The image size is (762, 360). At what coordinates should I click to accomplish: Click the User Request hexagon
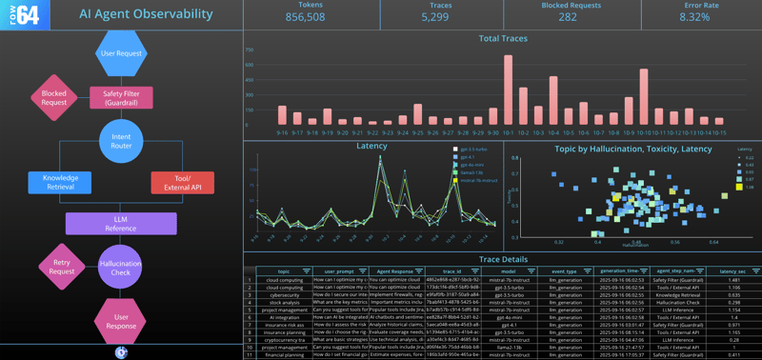click(121, 53)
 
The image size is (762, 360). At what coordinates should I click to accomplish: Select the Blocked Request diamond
click(54, 97)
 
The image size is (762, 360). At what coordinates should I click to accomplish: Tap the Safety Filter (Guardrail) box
click(121, 97)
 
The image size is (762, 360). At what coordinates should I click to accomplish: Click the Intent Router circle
click(121, 141)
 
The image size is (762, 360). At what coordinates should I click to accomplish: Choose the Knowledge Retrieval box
click(60, 183)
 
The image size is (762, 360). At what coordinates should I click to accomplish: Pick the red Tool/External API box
click(182, 183)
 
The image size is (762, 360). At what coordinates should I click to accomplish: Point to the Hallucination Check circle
click(120, 267)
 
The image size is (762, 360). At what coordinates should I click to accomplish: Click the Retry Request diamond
click(62, 267)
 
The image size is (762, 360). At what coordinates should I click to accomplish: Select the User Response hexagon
click(121, 320)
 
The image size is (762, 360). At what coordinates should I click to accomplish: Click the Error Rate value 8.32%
click(694, 17)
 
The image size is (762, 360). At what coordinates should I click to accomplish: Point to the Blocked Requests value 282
click(568, 17)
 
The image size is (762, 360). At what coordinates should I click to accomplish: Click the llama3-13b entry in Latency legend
click(472, 172)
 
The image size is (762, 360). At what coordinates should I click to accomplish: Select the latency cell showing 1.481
click(734, 280)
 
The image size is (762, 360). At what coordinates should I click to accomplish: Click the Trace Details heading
click(502, 259)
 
